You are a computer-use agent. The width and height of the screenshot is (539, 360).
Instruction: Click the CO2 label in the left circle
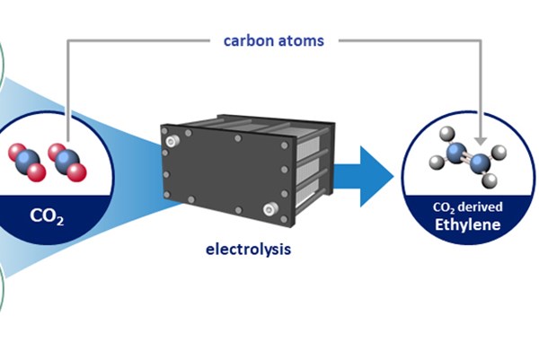tap(47, 215)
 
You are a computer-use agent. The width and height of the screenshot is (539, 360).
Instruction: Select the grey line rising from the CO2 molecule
tap(67, 90)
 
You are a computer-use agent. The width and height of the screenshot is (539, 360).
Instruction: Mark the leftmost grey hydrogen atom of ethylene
tap(434, 162)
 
